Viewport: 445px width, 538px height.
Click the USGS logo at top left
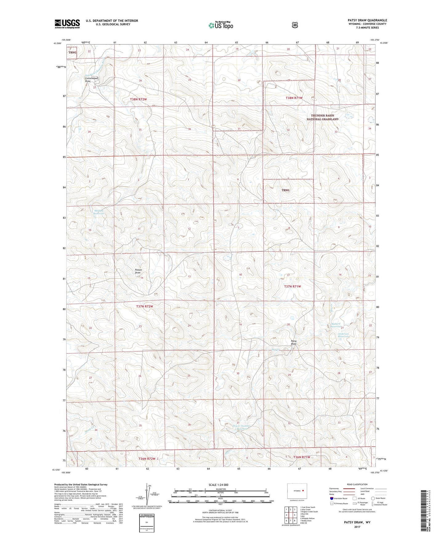tap(67, 24)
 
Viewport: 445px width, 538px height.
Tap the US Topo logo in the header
tap(220, 25)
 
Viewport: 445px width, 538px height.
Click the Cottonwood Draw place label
tap(91, 80)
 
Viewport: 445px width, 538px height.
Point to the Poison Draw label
tap(138, 271)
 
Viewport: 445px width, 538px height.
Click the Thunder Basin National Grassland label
tap(322, 117)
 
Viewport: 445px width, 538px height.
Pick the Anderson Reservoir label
tap(344, 335)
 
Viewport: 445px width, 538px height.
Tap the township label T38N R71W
tap(294, 98)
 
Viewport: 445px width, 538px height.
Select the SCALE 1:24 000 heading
tap(220, 485)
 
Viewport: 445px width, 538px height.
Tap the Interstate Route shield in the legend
tap(331, 498)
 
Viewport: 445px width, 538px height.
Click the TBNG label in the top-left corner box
tap(72, 52)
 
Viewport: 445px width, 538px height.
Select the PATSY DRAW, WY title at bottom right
tap(357, 523)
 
